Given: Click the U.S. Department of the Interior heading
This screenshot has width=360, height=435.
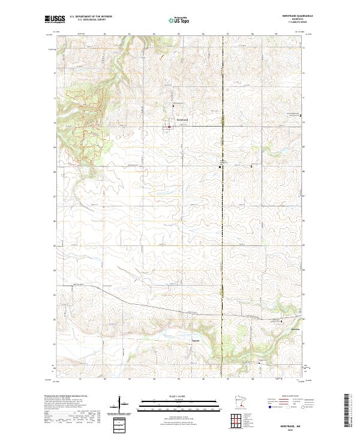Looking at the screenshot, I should [x=91, y=17].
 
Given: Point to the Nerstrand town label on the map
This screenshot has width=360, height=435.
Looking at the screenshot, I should [x=182, y=119].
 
